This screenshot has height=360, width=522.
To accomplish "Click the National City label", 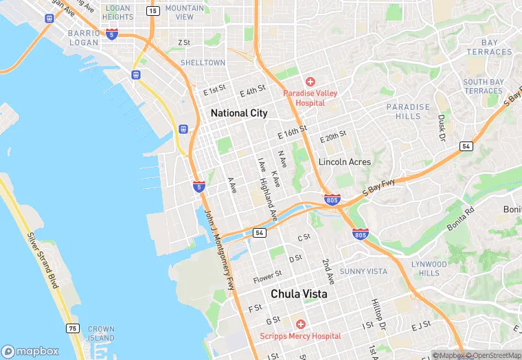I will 239,113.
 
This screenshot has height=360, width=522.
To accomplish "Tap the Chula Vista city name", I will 298,293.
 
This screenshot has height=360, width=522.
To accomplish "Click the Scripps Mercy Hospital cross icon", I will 300,324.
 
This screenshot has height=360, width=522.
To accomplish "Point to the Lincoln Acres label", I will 344,162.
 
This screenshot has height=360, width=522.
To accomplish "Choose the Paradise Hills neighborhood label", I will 408,111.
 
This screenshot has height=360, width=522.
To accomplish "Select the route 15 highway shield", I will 152,11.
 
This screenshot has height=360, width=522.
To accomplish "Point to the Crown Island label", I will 101,334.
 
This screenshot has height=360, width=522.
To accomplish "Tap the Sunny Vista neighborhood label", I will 363,271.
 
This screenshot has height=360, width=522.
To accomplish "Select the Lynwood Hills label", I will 429,269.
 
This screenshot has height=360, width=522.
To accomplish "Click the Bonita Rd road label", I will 459,220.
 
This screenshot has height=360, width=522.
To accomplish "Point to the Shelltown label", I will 203,63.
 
